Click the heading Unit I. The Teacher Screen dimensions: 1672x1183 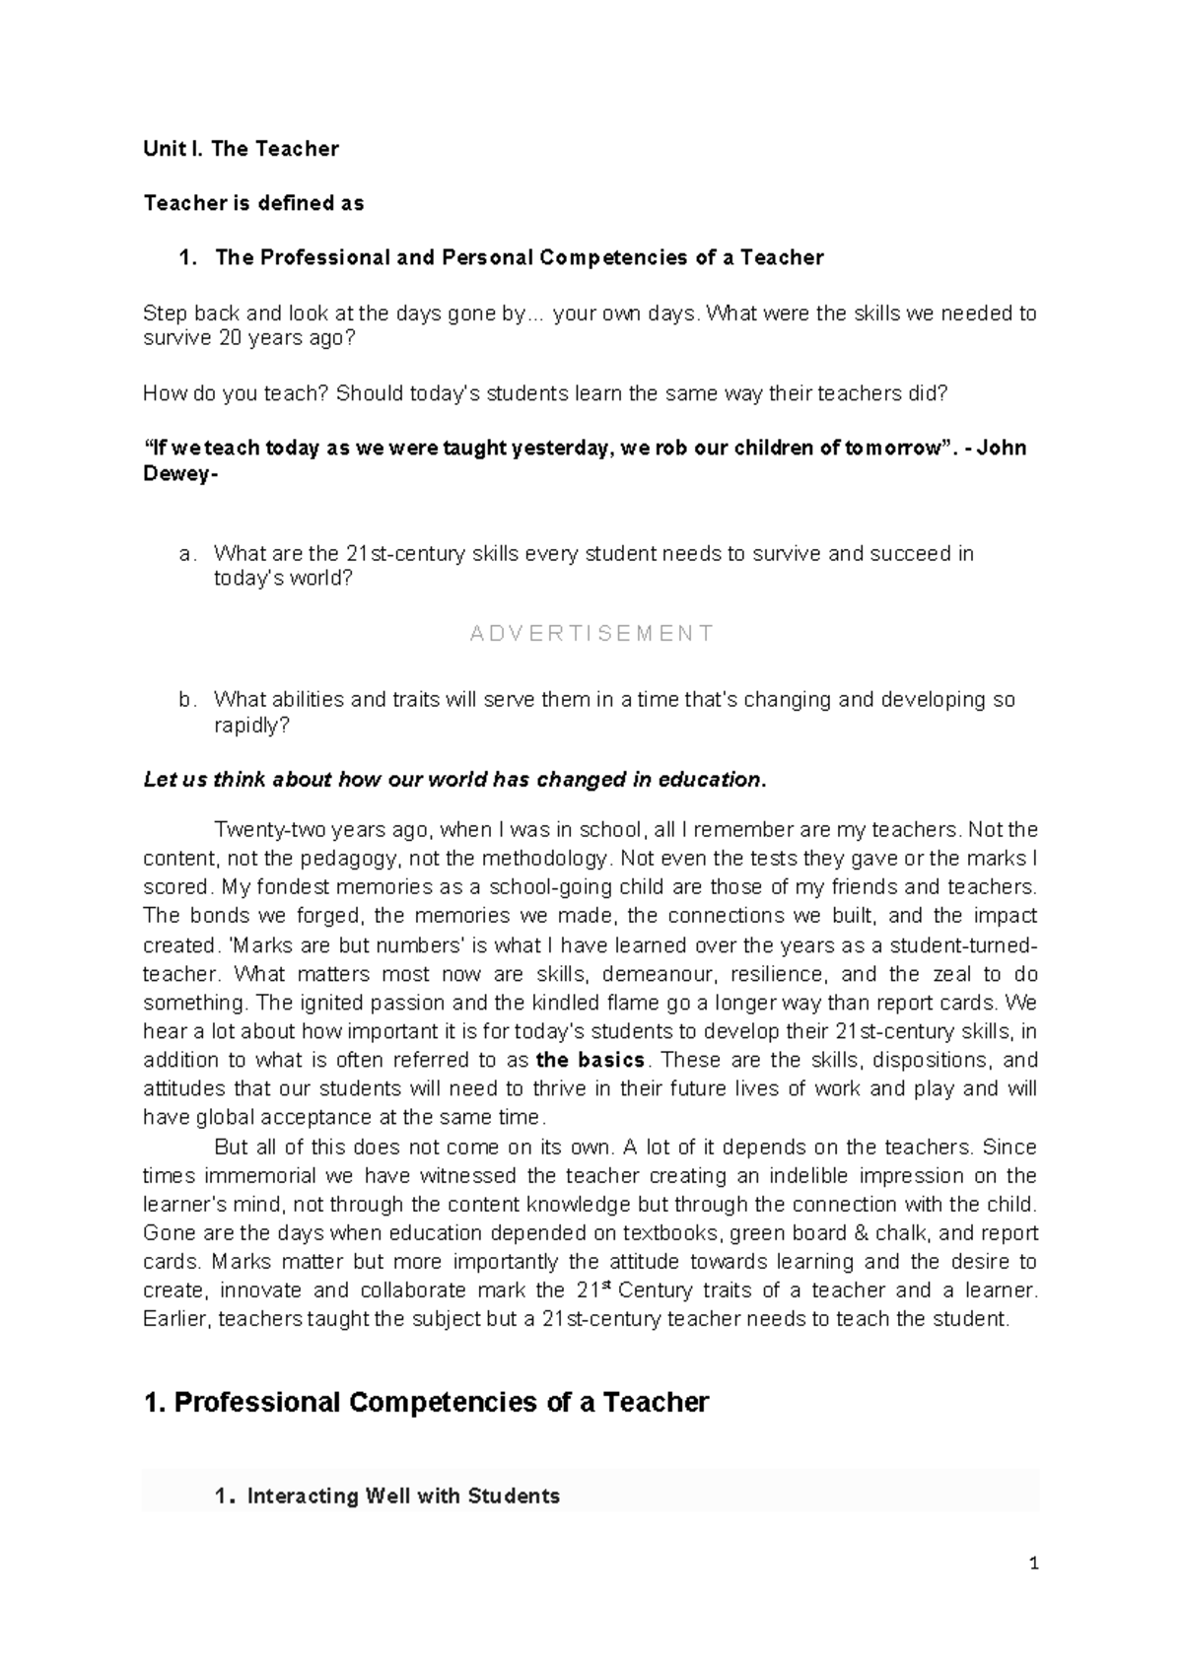pyautogui.click(x=241, y=149)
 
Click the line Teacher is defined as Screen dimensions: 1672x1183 pyautogui.click(x=253, y=203)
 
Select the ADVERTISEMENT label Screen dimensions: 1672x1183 pyautogui.click(x=591, y=633)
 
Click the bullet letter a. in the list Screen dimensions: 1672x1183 pyautogui.click(x=187, y=554)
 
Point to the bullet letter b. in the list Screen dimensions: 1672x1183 pyautogui.click(x=187, y=700)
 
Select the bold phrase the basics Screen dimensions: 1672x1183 pyautogui.click(x=591, y=1061)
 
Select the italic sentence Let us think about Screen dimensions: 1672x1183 pyautogui.click(x=453, y=780)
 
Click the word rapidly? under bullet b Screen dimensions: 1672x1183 pyautogui.click(x=252, y=726)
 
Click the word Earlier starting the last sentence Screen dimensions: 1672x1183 pyautogui.click(x=175, y=1319)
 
